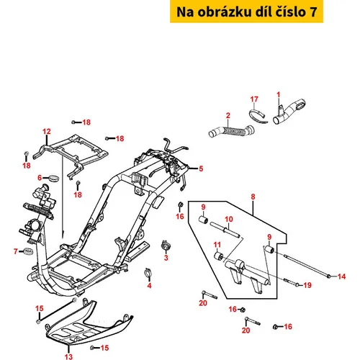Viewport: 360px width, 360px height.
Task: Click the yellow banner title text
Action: [x=246, y=12]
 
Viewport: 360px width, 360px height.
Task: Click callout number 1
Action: [x=279, y=95]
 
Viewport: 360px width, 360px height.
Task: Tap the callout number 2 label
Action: [x=228, y=115]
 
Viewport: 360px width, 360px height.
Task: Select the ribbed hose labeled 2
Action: [x=231, y=131]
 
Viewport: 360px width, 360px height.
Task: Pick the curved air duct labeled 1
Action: [x=289, y=112]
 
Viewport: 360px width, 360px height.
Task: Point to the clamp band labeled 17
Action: [x=258, y=117]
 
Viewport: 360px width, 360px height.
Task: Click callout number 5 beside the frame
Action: [x=201, y=168]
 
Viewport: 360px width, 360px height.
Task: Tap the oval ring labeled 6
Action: [x=54, y=179]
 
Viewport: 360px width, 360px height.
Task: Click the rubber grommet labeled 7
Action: [x=29, y=252]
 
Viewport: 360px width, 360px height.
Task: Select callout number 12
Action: [x=47, y=132]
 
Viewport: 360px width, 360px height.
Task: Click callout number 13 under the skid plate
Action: [x=68, y=356]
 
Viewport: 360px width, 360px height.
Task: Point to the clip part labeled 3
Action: [x=166, y=245]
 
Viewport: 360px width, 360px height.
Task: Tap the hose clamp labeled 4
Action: [x=148, y=272]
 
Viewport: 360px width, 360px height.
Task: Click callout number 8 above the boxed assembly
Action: [x=253, y=197]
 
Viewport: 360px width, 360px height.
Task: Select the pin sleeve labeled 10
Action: [x=225, y=230]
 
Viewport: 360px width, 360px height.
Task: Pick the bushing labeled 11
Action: [x=219, y=256]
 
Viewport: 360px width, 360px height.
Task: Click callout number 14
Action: [x=341, y=276]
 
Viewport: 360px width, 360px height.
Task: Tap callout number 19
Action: [x=307, y=285]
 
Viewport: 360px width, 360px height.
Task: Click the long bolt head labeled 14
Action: [x=329, y=276]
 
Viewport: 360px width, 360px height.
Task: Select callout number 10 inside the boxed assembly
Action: [x=229, y=219]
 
